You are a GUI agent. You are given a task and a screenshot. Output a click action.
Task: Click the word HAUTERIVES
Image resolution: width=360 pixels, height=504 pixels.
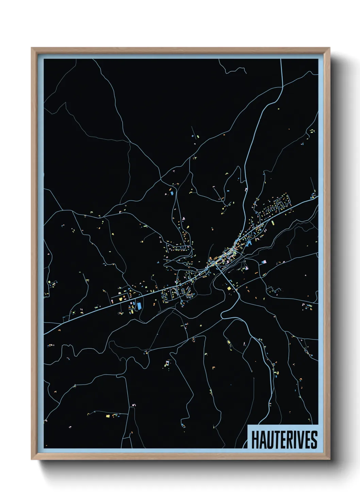point(284,440)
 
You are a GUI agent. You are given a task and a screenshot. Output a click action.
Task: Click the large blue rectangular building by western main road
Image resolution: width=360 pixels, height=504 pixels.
point(139,305)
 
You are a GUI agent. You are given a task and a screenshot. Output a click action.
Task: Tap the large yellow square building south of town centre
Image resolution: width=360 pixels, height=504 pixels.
point(229,288)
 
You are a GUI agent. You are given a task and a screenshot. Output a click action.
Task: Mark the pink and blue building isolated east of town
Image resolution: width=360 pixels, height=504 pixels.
point(264,262)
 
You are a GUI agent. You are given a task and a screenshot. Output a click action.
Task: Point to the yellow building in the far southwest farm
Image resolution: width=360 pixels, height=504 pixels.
point(108,416)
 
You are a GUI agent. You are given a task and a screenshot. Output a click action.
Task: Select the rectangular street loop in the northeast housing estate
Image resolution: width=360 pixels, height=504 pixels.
point(282,204)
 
